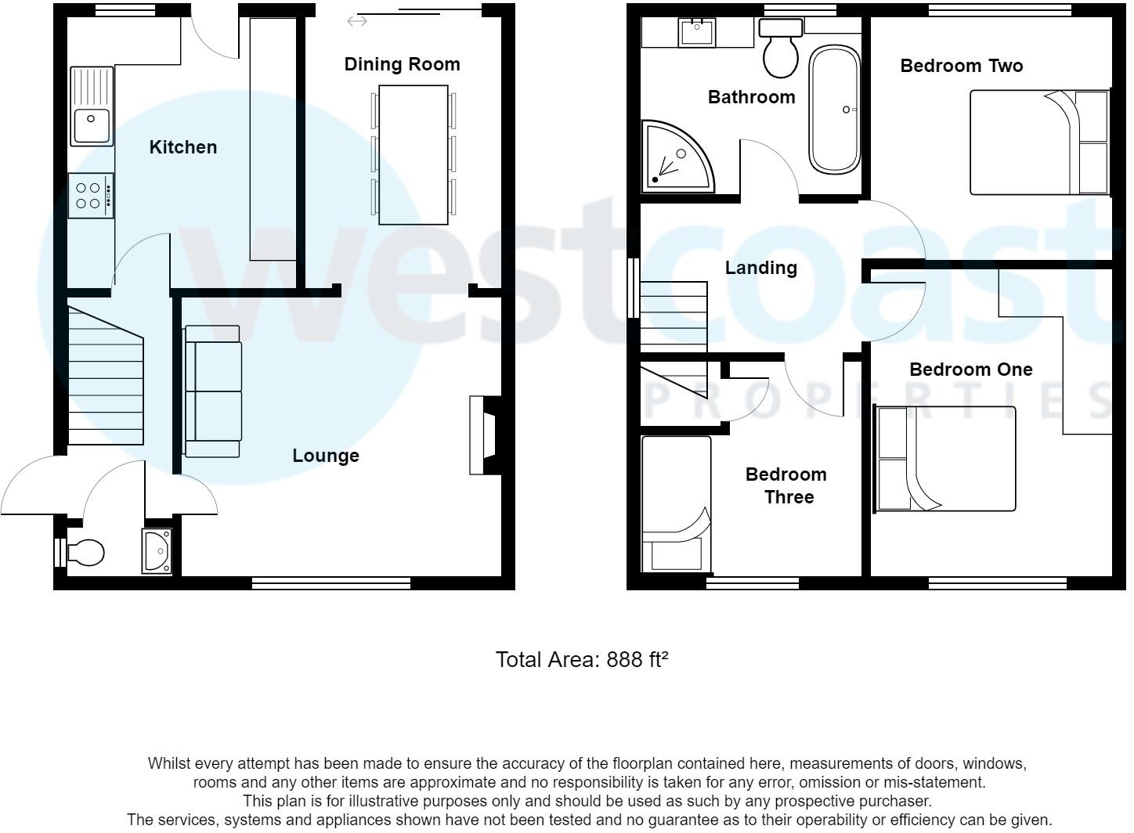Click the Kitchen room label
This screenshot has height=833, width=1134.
[x=182, y=147]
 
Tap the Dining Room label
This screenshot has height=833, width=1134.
[x=402, y=64]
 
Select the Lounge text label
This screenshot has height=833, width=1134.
[x=326, y=456]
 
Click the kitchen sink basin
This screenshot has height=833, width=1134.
[x=92, y=126]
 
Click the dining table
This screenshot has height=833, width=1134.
[x=414, y=154]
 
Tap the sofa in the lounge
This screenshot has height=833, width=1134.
[x=212, y=391]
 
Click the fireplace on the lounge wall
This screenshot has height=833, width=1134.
[x=484, y=435]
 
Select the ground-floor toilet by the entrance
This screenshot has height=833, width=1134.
[x=85, y=553]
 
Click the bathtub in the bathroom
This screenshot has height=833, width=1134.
[x=834, y=110]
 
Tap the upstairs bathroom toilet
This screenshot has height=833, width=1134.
[x=780, y=49]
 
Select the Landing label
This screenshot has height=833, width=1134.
[x=760, y=268]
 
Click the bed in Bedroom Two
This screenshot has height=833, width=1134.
[x=1038, y=142]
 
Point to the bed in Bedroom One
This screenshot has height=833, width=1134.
[x=945, y=459]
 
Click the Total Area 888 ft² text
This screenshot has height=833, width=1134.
[x=582, y=660]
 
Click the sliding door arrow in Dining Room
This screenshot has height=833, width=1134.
[x=357, y=21]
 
